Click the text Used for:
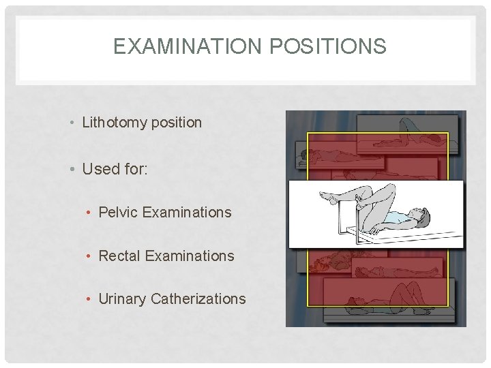coord(114,168)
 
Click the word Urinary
coord(122,298)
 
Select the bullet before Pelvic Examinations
coord(90,213)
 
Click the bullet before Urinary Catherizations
coord(90,299)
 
